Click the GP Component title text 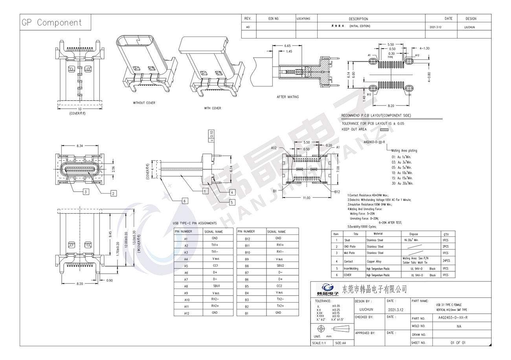51,22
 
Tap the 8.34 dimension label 79,146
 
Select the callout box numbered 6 184,201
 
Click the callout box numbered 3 86,192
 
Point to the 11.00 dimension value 306,198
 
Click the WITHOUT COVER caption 144,103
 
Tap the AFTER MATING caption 287,97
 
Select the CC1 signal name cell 215,266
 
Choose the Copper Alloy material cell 374,261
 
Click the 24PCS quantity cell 446,261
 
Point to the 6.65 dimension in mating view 287,46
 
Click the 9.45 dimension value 110,234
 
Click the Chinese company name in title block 375,290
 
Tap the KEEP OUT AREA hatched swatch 384,129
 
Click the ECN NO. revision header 274,18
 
